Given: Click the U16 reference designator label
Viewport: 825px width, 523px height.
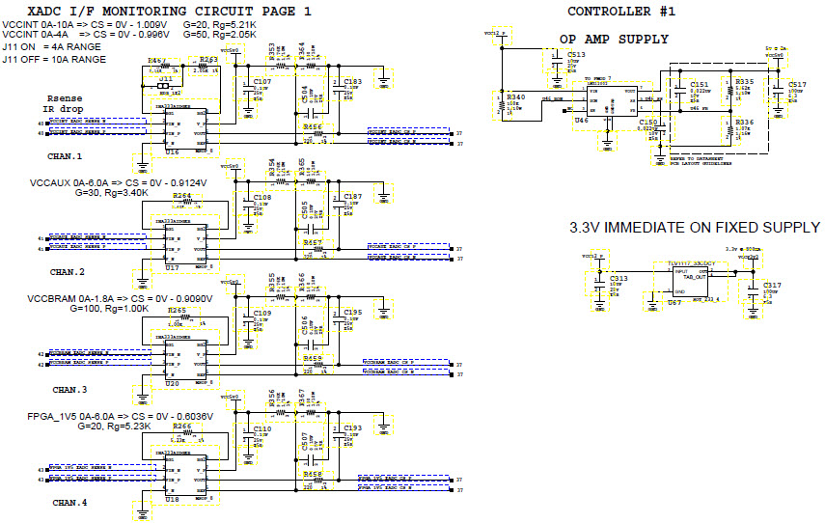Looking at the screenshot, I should tap(173, 152).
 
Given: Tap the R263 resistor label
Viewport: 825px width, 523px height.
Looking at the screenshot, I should tap(208, 59).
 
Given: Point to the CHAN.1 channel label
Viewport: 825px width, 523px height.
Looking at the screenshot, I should tap(66, 155).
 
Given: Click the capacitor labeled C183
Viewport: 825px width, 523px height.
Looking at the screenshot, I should tap(352, 83).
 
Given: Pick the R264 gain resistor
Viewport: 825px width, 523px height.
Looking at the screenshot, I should tap(181, 196).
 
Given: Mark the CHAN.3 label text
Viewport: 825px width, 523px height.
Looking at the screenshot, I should tap(69, 390).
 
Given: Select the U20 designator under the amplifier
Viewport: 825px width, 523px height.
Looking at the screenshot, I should tap(173, 384).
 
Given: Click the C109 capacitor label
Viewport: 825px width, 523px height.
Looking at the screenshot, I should tap(262, 314).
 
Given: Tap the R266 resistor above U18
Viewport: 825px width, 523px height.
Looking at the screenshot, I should tap(181, 426).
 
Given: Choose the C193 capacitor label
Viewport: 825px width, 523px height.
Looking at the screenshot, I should tap(352, 427).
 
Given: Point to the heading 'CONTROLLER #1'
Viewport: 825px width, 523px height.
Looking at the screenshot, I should tap(620, 12).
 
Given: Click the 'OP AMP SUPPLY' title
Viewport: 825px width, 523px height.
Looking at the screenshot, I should tap(614, 39).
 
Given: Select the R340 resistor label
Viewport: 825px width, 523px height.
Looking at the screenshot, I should tap(517, 96).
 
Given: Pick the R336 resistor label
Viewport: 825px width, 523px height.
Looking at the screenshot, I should tap(744, 123).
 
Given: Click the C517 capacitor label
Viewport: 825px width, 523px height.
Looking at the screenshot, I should tap(796, 85).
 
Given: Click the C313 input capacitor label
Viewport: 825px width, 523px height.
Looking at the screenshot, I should tap(618, 278).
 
